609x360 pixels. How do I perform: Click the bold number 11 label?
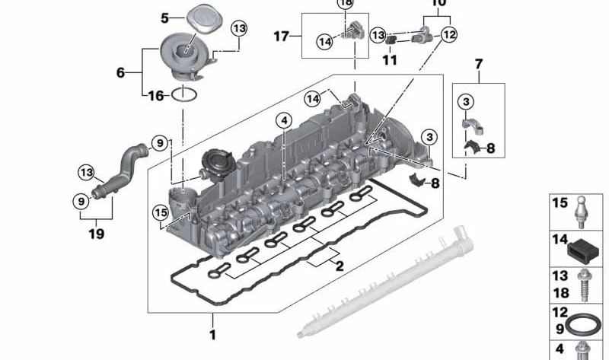point(389,59)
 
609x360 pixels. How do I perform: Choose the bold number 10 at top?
point(438,4)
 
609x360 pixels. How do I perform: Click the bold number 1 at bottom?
point(212,335)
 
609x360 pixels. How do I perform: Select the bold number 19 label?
point(95,234)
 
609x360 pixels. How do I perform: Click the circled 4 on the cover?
point(283,120)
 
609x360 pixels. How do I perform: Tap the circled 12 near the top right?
point(449,34)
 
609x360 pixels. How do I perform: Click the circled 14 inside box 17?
point(325,42)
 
